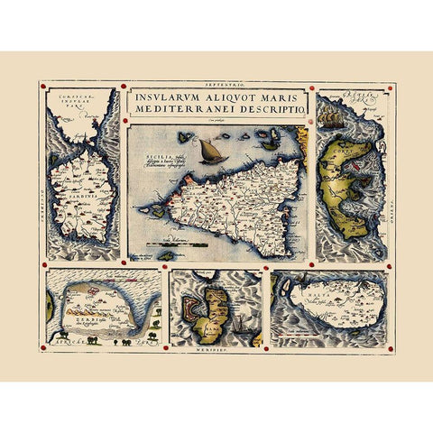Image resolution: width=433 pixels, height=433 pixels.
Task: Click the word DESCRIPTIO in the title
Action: pyautogui.click(x=270, y=110)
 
